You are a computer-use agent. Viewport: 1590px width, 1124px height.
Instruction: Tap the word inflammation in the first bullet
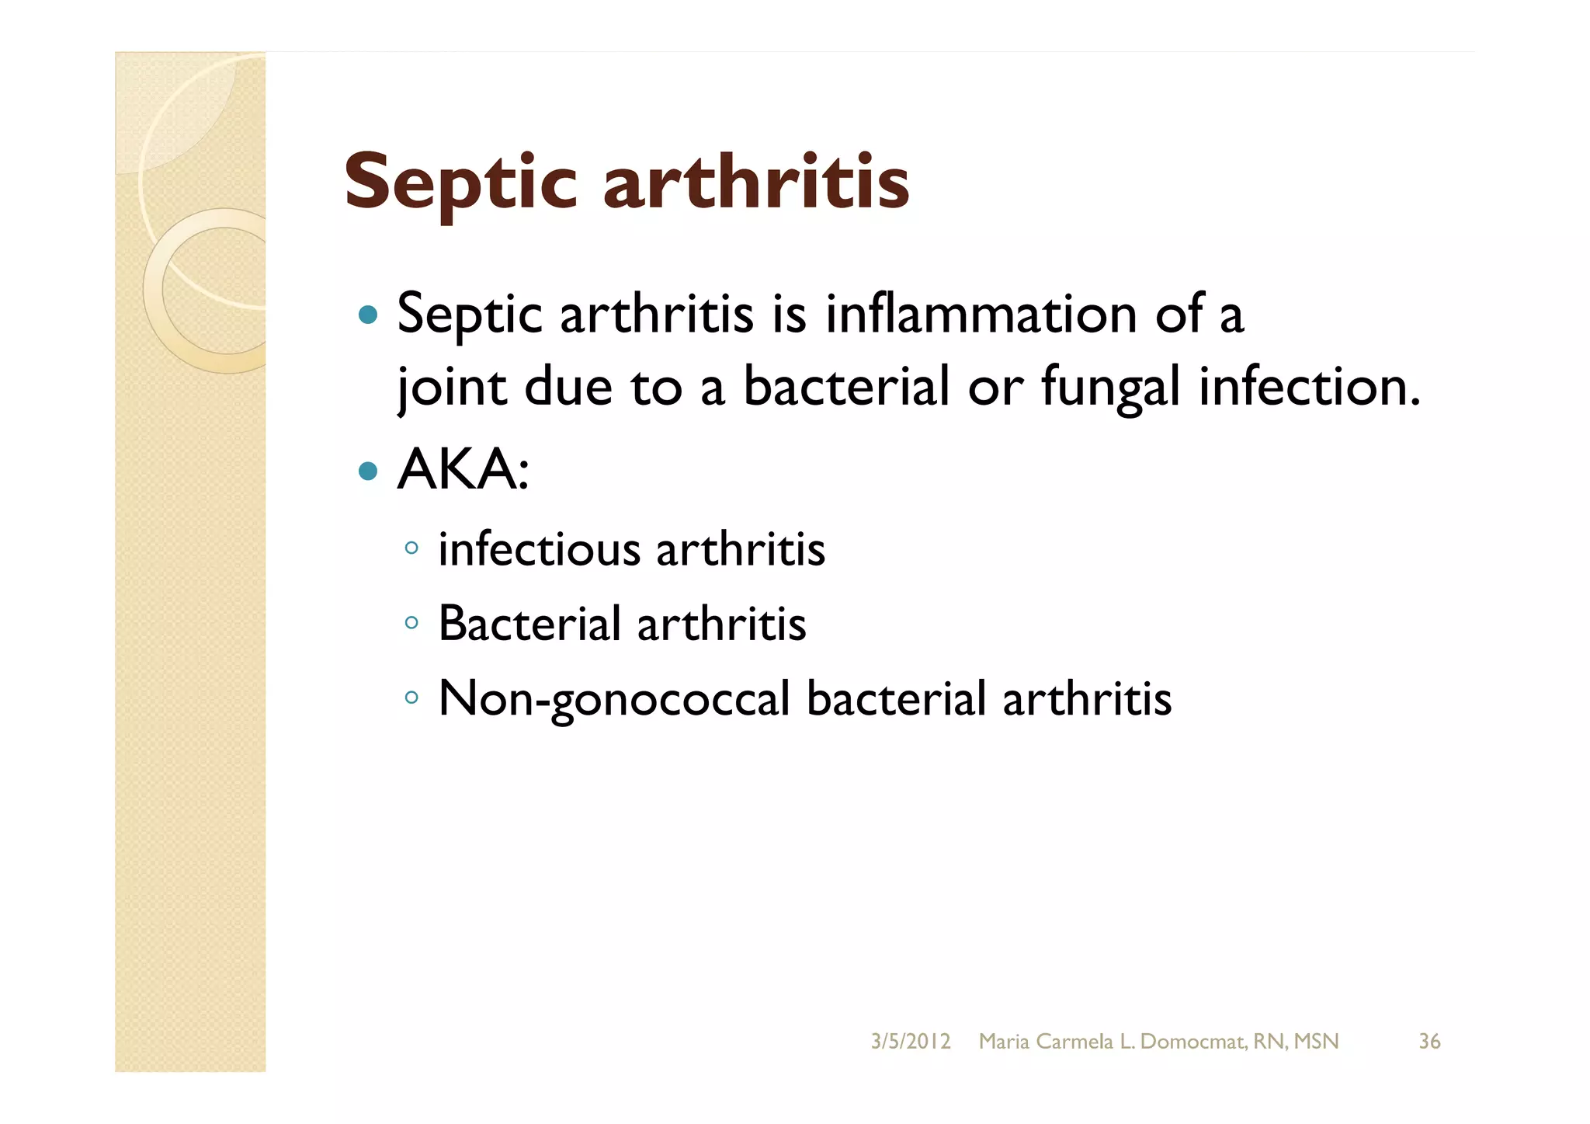981,315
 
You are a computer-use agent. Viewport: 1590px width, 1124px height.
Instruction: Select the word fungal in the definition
1110,387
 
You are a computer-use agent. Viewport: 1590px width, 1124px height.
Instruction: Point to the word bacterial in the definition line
845,386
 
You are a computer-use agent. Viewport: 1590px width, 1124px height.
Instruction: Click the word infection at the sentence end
1309,386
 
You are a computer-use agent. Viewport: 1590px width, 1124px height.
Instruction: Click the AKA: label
463,470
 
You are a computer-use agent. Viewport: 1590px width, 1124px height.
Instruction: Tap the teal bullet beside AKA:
368,471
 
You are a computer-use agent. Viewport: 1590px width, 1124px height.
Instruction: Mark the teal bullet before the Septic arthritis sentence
368,315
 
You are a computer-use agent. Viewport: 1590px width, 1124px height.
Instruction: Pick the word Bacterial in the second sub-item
529,623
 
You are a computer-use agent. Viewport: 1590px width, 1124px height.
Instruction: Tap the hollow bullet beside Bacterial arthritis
411,623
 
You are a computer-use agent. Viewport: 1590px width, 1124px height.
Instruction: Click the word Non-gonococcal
614,698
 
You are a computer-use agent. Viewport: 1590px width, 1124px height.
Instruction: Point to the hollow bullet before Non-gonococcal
411,698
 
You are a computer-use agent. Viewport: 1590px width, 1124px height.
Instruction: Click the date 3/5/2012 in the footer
910,1042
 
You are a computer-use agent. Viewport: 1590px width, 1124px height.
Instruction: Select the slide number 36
1429,1042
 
